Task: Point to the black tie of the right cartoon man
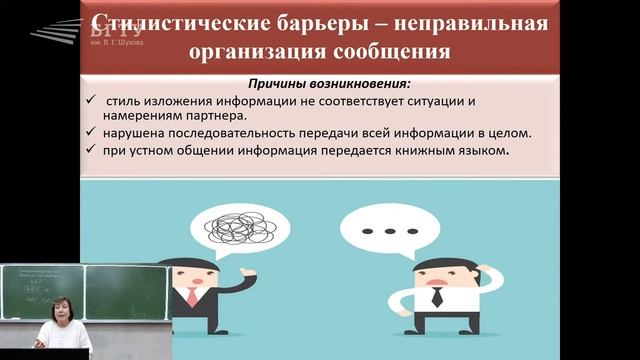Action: [437, 296]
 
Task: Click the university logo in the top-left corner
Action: [62, 31]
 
